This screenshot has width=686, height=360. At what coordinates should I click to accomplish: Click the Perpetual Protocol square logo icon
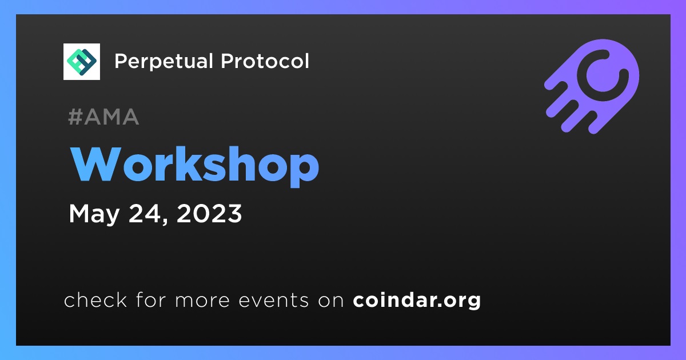(x=81, y=62)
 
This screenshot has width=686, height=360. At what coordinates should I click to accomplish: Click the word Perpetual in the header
(x=163, y=62)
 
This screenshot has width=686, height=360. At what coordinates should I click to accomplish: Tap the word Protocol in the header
(x=265, y=61)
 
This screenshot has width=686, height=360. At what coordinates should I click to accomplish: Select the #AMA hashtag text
(x=103, y=117)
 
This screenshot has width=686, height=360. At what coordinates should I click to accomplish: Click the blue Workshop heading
(x=194, y=166)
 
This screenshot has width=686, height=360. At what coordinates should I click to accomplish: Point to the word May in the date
(x=94, y=214)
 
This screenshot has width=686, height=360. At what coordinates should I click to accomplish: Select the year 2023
(x=209, y=213)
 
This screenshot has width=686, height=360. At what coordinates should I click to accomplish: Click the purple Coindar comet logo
(x=592, y=86)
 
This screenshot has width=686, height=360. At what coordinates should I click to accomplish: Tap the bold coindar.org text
(x=417, y=301)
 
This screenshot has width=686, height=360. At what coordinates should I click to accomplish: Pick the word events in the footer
(x=274, y=301)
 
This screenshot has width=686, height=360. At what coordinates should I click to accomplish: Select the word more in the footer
(x=202, y=301)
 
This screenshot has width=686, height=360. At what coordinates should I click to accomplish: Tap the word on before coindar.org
(x=331, y=301)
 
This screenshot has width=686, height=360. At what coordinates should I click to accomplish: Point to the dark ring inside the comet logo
(x=603, y=75)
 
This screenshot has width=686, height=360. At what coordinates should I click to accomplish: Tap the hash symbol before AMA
(x=75, y=117)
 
